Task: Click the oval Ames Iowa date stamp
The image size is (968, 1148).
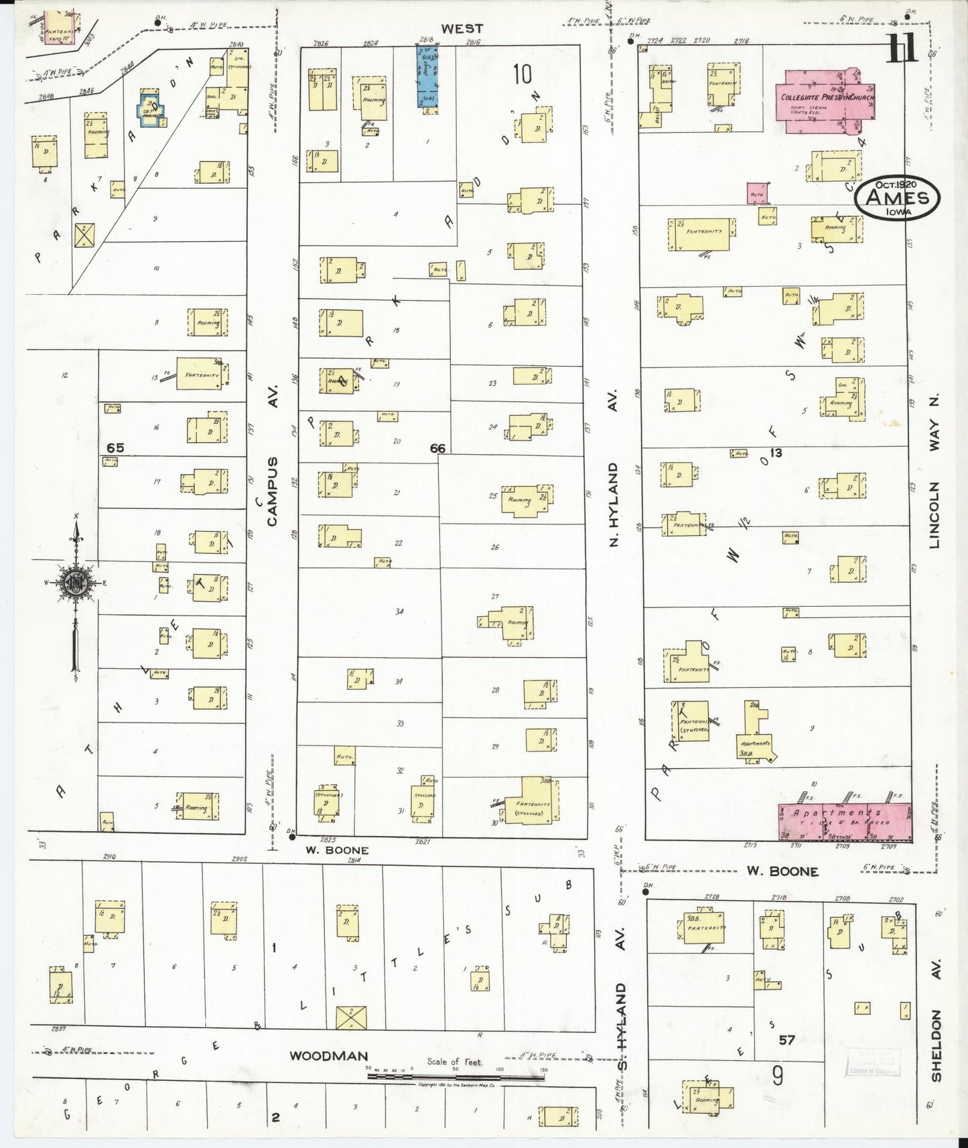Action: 898,196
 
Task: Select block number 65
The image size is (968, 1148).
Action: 116,447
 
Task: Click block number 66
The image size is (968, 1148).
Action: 437,448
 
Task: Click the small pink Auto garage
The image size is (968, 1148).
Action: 757,194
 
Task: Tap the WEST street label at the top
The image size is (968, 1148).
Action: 462,28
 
